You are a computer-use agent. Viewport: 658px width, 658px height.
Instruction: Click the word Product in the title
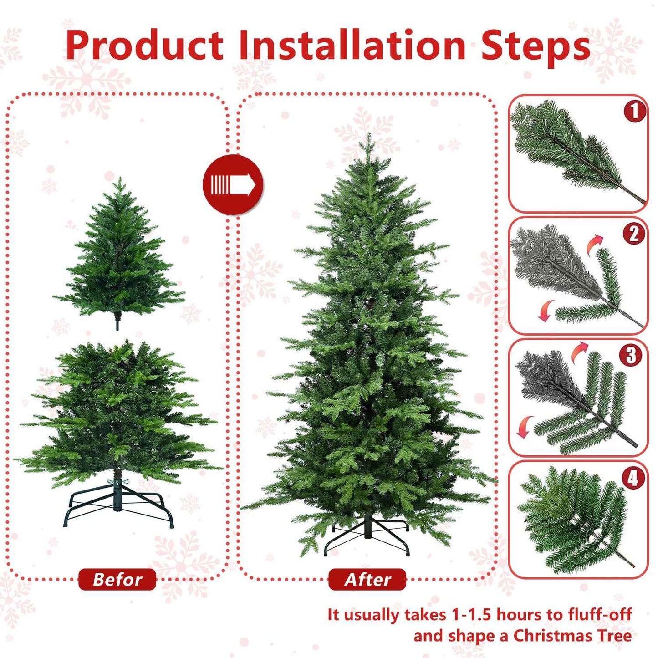click(144, 46)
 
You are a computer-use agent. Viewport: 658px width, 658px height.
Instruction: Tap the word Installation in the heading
click(352, 46)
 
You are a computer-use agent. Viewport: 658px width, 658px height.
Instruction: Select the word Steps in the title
click(535, 46)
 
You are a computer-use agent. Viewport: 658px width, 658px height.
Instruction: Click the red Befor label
click(117, 579)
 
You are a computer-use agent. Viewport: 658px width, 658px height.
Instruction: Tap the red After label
click(367, 579)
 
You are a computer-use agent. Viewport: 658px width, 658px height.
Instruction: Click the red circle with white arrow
click(233, 184)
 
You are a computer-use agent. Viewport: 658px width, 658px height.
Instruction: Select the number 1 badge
click(634, 112)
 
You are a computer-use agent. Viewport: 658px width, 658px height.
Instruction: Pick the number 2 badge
click(634, 234)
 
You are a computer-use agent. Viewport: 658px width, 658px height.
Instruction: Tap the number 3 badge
click(631, 355)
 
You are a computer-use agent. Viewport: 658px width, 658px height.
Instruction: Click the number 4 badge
click(633, 478)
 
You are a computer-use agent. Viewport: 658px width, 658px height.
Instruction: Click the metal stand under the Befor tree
click(119, 505)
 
